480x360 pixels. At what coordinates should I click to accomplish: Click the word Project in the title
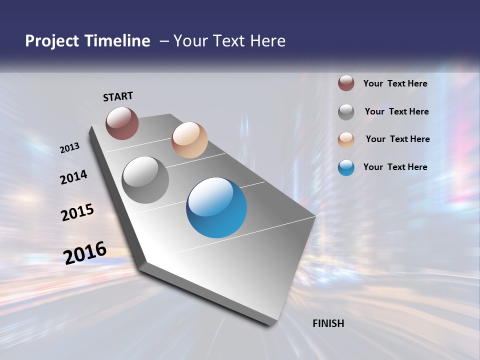[x=51, y=41]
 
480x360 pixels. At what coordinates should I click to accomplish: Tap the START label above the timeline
[x=118, y=96]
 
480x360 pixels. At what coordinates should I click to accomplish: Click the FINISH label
[x=328, y=323]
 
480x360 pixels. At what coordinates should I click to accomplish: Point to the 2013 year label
[x=69, y=148]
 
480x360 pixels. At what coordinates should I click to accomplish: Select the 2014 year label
[x=73, y=177]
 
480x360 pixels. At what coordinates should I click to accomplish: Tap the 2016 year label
[x=85, y=253]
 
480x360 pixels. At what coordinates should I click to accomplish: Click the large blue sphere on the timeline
[x=216, y=207]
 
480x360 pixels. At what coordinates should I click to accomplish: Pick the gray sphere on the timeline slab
[x=145, y=180]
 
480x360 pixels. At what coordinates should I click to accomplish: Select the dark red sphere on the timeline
[x=122, y=123]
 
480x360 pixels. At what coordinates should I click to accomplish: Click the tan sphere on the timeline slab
[x=189, y=140]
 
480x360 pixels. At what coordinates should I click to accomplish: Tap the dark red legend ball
[x=346, y=83]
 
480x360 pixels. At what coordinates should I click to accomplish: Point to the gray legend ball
[x=346, y=112]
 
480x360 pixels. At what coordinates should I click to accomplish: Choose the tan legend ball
[x=346, y=140]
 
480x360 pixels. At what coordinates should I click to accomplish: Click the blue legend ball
[x=346, y=167]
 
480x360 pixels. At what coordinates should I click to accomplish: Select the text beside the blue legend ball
[x=395, y=167]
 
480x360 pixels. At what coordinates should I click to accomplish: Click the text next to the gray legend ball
[x=396, y=111]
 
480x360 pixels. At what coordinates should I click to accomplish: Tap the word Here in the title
[x=268, y=41]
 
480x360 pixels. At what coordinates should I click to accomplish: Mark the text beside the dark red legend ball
[x=395, y=83]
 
